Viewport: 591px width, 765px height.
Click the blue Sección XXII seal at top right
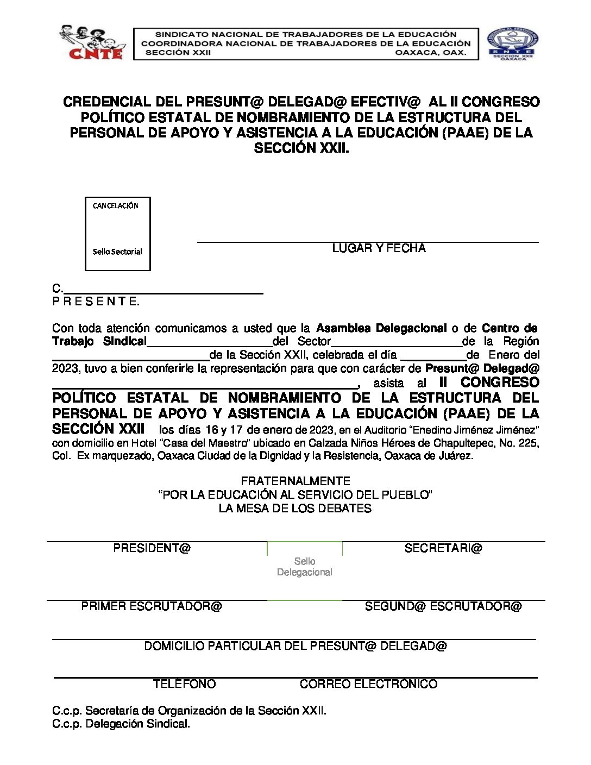pyautogui.click(x=512, y=43)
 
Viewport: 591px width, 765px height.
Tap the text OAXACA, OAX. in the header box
pyautogui.click(x=430, y=53)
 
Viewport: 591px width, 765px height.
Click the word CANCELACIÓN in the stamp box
pyautogui.click(x=116, y=206)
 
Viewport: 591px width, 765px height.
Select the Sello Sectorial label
pyautogui.click(x=117, y=252)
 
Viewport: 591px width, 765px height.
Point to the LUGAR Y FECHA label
pyautogui.click(x=379, y=248)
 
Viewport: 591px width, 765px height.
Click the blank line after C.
pyautogui.click(x=163, y=290)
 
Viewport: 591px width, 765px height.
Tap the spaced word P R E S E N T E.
pyautogui.click(x=96, y=302)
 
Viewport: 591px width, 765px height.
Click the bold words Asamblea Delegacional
pyautogui.click(x=381, y=328)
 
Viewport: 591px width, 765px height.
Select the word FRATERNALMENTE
pyautogui.click(x=295, y=481)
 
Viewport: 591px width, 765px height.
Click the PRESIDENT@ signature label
pyautogui.click(x=152, y=548)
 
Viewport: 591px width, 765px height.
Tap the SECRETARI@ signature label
pyautogui.click(x=443, y=548)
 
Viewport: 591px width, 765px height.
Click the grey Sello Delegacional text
pyautogui.click(x=305, y=567)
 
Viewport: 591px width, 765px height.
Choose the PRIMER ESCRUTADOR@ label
pyautogui.click(x=152, y=606)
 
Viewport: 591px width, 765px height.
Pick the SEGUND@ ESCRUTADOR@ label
pyautogui.click(x=443, y=606)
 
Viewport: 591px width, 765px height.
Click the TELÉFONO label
pyautogui.click(x=184, y=684)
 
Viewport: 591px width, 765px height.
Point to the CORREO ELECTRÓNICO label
pyautogui.click(x=368, y=684)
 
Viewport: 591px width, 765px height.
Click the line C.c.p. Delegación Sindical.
pyautogui.click(x=121, y=724)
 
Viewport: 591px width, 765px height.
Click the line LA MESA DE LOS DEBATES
pyautogui.click(x=295, y=509)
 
